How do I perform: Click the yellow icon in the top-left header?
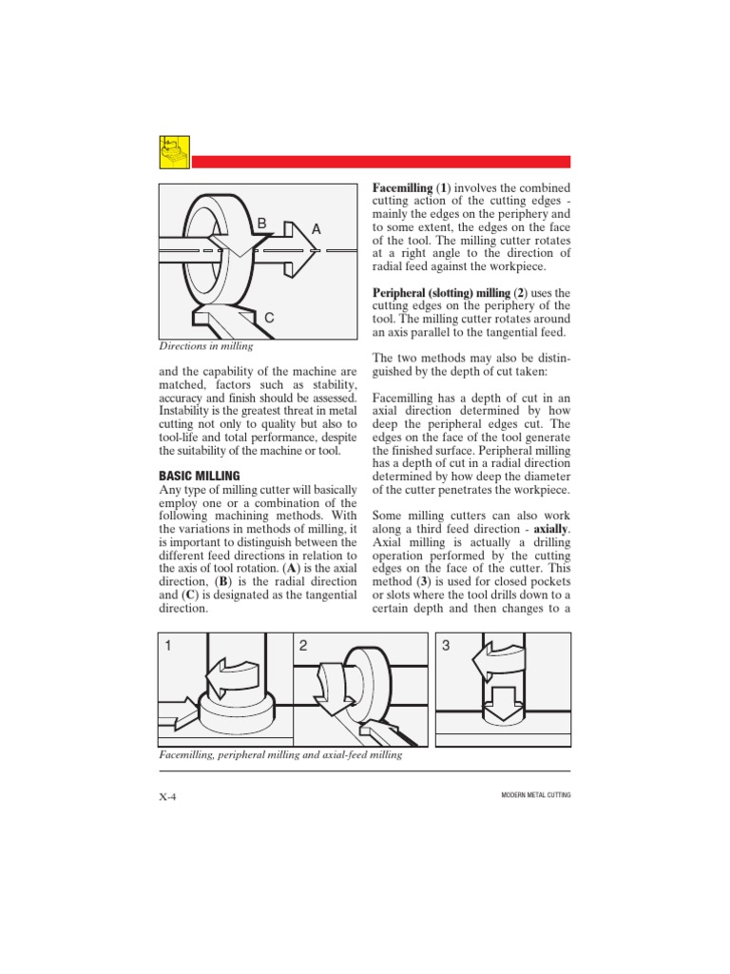pos(174,152)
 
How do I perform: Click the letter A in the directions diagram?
pos(317,229)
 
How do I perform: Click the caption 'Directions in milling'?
pos(205,347)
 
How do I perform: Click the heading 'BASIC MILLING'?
pos(199,476)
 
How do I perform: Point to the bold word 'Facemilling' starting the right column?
pos(401,189)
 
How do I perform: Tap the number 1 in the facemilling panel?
pos(168,646)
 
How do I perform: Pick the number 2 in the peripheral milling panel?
pos(303,646)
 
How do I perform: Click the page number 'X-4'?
pos(168,796)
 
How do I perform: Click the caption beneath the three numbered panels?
pos(280,754)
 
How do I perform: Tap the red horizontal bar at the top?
pos(380,162)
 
